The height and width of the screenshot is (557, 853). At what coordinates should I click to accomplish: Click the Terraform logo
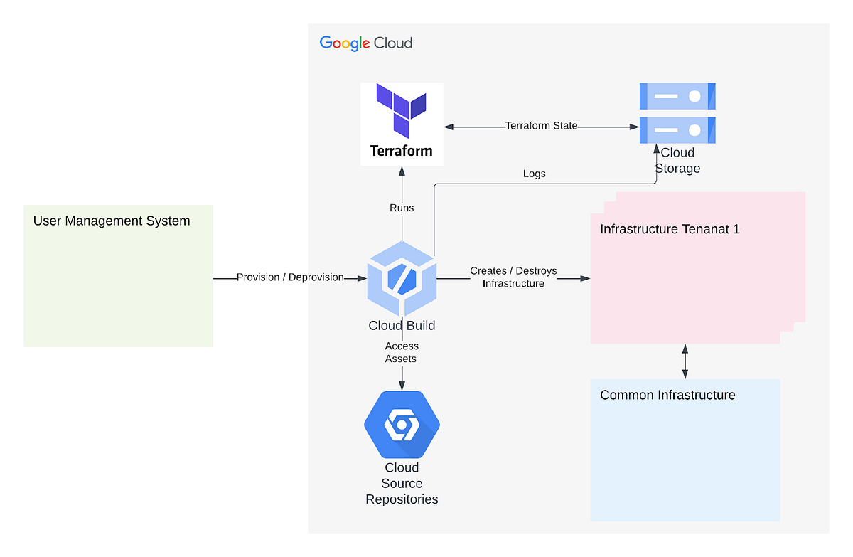(402, 124)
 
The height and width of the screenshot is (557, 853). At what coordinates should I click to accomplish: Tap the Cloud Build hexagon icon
(402, 278)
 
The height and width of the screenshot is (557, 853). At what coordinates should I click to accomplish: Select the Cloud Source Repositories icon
(402, 425)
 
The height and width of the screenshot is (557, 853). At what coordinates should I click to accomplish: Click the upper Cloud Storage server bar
(677, 95)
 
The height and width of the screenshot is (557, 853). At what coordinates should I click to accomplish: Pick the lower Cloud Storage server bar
(677, 129)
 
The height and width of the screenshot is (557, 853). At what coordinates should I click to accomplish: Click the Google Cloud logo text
(365, 43)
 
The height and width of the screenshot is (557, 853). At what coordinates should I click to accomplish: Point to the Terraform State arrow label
(541, 126)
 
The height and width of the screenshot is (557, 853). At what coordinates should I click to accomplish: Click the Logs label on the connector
(534, 174)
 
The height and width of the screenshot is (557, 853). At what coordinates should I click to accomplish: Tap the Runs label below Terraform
(402, 208)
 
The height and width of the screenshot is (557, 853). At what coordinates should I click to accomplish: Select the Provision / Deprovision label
(290, 277)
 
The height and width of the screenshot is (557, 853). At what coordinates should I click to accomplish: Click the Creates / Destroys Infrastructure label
(513, 277)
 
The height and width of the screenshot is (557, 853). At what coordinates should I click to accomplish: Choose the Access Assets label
(402, 352)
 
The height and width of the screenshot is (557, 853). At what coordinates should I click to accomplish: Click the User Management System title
(112, 221)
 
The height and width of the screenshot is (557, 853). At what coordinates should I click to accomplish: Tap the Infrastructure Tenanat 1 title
(670, 229)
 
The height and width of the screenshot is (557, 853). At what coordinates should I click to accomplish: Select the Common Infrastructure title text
(667, 395)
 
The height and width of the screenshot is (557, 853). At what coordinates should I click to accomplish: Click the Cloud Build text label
(402, 326)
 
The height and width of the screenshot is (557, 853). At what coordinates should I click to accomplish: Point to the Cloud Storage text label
(677, 161)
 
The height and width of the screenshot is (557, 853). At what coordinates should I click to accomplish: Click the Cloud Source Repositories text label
(402, 483)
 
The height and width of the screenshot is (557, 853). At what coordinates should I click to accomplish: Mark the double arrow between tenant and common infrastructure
(685, 361)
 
